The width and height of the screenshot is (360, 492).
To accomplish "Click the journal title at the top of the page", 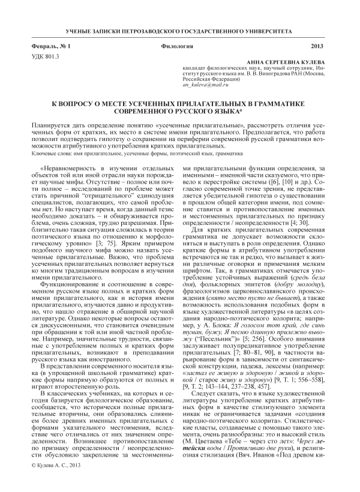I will [179, 29].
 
